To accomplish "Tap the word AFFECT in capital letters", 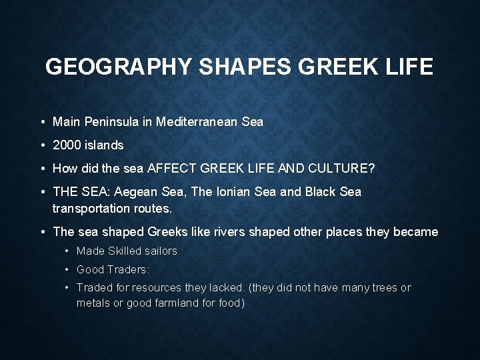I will pos(171,168).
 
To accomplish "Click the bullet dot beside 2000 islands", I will pos(42,145).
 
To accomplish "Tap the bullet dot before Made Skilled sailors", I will pos(67,252).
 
